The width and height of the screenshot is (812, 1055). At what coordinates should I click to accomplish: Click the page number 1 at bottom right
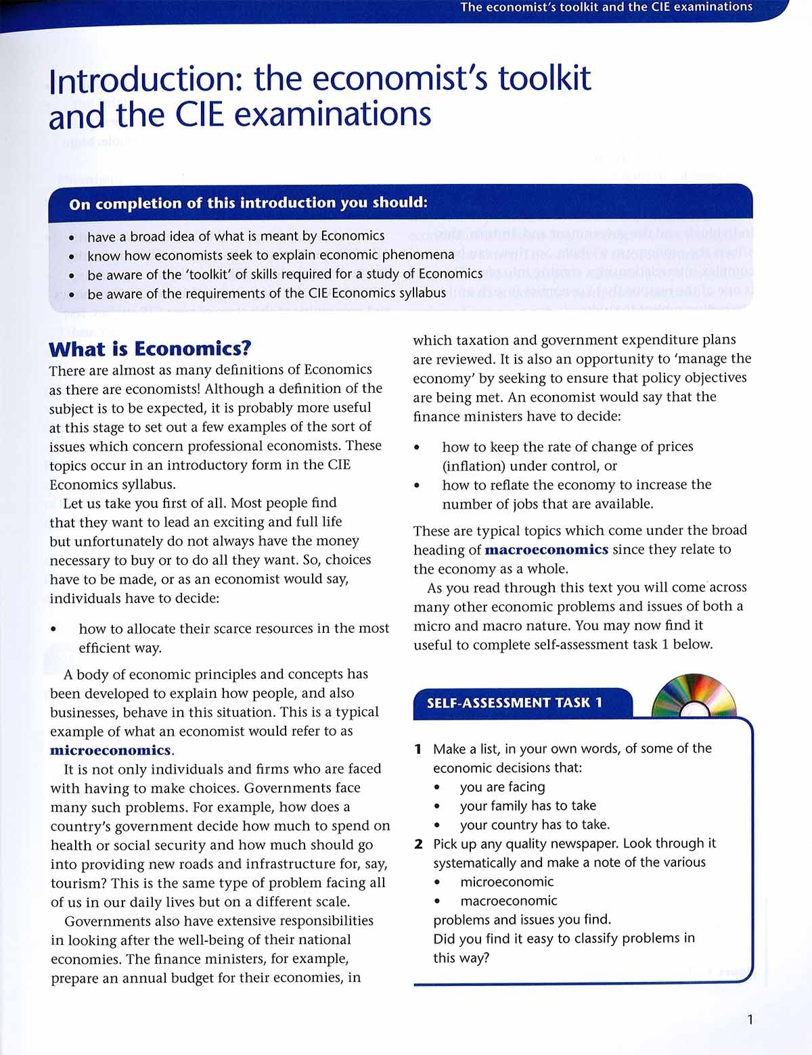coord(750,1020)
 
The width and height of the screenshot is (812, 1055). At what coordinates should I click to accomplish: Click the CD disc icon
coord(694,697)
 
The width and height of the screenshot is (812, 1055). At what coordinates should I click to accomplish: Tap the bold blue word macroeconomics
coord(546,550)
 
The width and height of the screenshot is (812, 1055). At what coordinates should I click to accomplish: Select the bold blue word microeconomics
coord(111,750)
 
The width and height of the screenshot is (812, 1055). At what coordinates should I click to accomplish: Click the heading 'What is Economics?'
coord(150,349)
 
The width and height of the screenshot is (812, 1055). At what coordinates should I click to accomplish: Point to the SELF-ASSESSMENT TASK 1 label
coord(514,703)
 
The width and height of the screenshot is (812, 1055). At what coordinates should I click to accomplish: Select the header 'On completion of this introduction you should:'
coord(248,203)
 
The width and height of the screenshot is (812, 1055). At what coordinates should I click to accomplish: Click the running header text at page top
coord(606,7)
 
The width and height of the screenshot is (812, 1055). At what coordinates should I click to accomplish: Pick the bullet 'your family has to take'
coord(528,805)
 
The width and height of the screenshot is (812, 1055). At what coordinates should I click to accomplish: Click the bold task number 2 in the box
coord(419,844)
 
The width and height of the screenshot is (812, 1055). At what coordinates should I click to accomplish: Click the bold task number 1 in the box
coord(418,749)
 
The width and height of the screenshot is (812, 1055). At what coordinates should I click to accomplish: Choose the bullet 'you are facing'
coord(502,787)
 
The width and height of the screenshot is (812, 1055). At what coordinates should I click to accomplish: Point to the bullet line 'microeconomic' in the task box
coord(507,882)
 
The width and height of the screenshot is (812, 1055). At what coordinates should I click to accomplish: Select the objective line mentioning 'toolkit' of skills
coord(285,274)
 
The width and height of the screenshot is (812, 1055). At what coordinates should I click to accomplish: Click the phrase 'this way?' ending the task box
coord(461,958)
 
